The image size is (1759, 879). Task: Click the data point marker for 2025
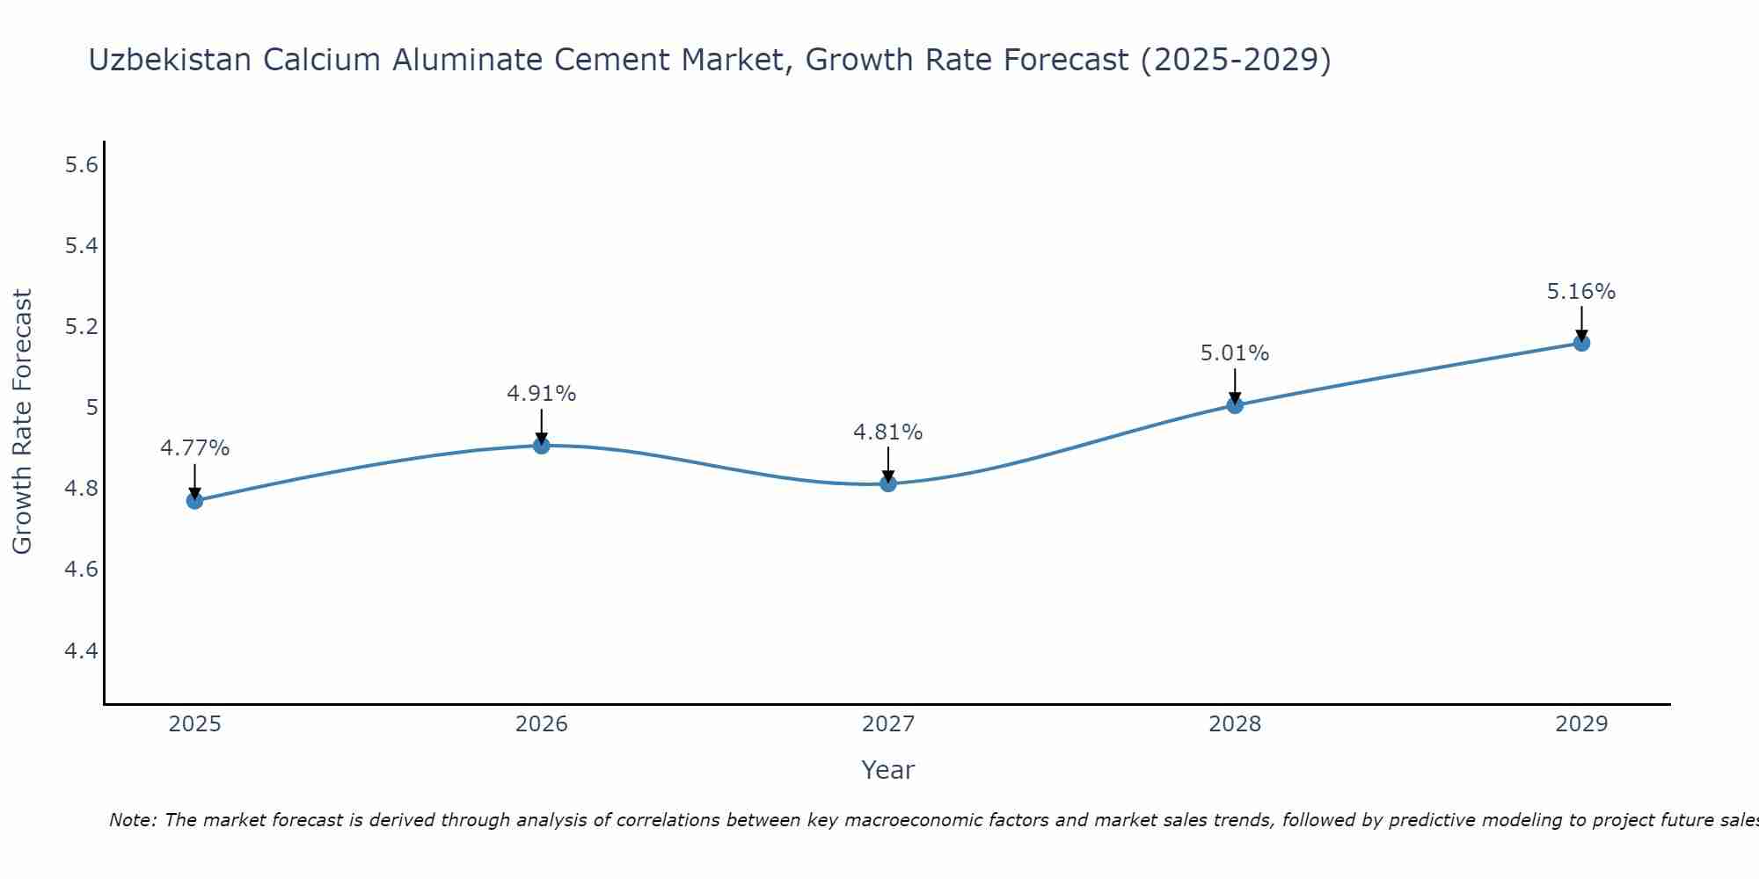click(194, 501)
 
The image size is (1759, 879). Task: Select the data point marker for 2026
click(542, 446)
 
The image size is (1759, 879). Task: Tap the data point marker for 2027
click(888, 483)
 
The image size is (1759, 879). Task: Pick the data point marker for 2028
click(1235, 405)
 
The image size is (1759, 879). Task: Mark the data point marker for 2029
click(1581, 343)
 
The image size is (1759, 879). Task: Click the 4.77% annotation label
click(194, 448)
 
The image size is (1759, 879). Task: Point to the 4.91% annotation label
click(542, 394)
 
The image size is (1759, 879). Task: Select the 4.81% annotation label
click(888, 432)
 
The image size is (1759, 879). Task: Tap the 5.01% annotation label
click(1235, 353)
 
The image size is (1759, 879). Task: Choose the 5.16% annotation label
click(1581, 292)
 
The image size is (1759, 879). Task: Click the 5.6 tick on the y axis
click(81, 165)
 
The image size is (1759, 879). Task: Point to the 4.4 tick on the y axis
click(81, 651)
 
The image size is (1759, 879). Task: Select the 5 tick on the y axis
click(91, 408)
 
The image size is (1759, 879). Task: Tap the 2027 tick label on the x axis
click(888, 724)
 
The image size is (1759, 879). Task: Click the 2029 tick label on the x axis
click(1581, 724)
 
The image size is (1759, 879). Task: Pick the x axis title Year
click(888, 770)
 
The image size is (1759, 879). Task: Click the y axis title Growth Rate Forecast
click(23, 422)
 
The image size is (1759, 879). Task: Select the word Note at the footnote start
click(131, 820)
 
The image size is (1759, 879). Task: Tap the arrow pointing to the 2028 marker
click(1235, 387)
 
